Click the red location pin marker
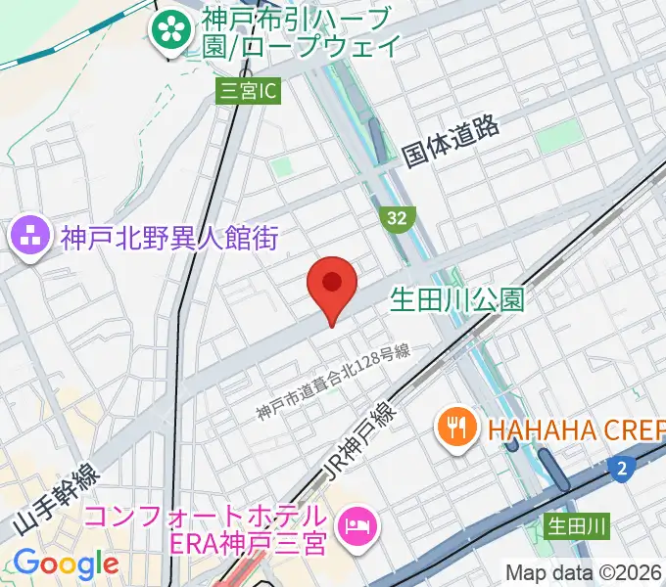click(331, 285)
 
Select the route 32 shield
click(396, 219)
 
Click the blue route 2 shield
click(621, 470)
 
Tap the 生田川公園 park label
click(458, 298)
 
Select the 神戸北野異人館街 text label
click(169, 237)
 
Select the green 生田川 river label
click(577, 527)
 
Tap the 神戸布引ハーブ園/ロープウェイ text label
click(300, 31)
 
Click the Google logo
click(65, 564)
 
